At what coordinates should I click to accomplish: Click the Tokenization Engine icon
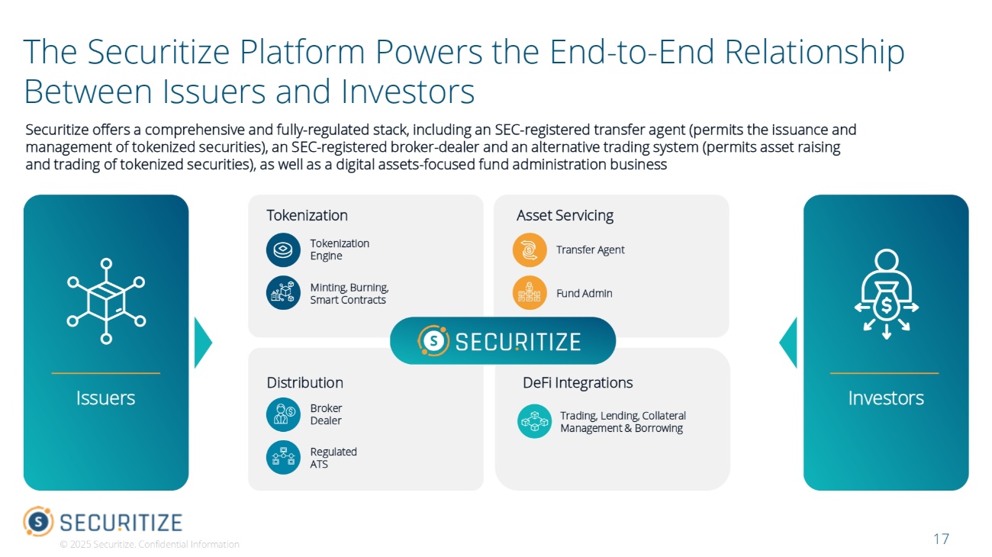coord(283,250)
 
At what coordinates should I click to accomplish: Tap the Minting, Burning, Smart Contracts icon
coord(283,293)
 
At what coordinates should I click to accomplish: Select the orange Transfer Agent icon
coord(530,250)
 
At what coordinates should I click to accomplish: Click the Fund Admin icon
coord(530,293)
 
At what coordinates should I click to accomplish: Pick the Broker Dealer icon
coord(283,414)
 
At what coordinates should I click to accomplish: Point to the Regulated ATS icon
coord(283,457)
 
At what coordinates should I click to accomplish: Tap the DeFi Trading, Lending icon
coord(534,421)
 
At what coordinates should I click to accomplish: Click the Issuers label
coord(105,398)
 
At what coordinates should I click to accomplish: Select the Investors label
coord(886,398)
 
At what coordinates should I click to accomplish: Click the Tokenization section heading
coord(307,215)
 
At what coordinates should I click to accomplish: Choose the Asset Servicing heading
coord(565,215)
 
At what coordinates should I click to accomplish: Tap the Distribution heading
coord(304,382)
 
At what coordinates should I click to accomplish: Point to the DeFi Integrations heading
coord(578,382)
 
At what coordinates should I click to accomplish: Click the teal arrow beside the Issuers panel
coord(203,343)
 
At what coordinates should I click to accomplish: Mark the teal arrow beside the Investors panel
coord(788,343)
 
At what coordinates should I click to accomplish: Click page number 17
coord(941,539)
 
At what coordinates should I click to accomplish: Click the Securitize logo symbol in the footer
coord(38,521)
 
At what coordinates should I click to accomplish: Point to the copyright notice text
coord(150,544)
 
